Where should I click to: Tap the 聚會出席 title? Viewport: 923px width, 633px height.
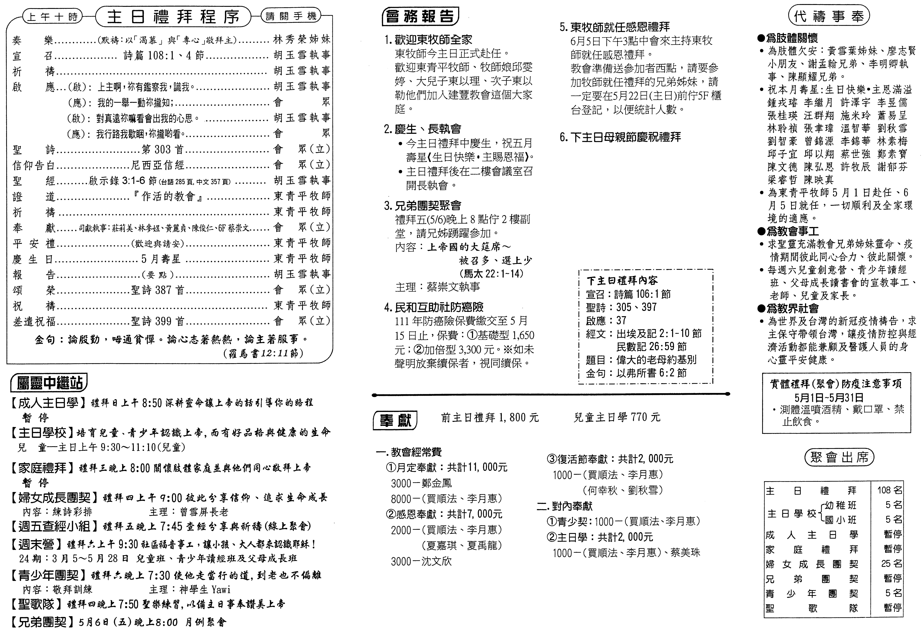pos(839,458)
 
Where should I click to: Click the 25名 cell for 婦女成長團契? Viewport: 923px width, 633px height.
pos(891,564)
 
